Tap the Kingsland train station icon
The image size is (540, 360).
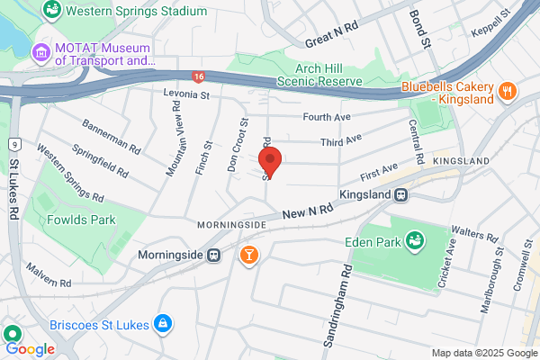click(403, 194)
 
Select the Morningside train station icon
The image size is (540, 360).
click(214, 255)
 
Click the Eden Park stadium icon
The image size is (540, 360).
click(415, 240)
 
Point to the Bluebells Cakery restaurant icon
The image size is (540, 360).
click(508, 91)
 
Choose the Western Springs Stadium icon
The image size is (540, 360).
click(52, 12)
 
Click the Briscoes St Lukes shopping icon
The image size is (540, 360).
click(162, 322)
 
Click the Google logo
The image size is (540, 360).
click(30, 348)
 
